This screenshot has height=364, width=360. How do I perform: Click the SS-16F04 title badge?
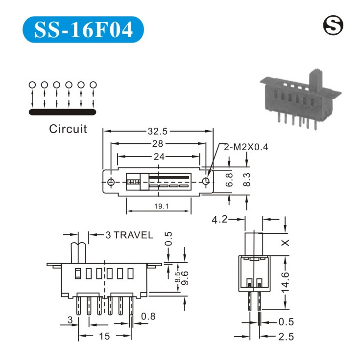83,30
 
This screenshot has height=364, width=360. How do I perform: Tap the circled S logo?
334,25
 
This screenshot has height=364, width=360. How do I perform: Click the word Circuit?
68,129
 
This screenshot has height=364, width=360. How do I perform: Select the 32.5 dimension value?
158,131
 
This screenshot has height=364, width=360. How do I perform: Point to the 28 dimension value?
158,143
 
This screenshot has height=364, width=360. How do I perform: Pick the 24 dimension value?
158,157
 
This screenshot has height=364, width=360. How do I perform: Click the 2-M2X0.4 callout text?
246,147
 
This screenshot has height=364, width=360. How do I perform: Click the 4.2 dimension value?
220,220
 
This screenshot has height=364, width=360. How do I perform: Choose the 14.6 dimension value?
287,283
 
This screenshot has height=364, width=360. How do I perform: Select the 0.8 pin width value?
149,317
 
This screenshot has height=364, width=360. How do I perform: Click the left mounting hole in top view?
112,182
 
